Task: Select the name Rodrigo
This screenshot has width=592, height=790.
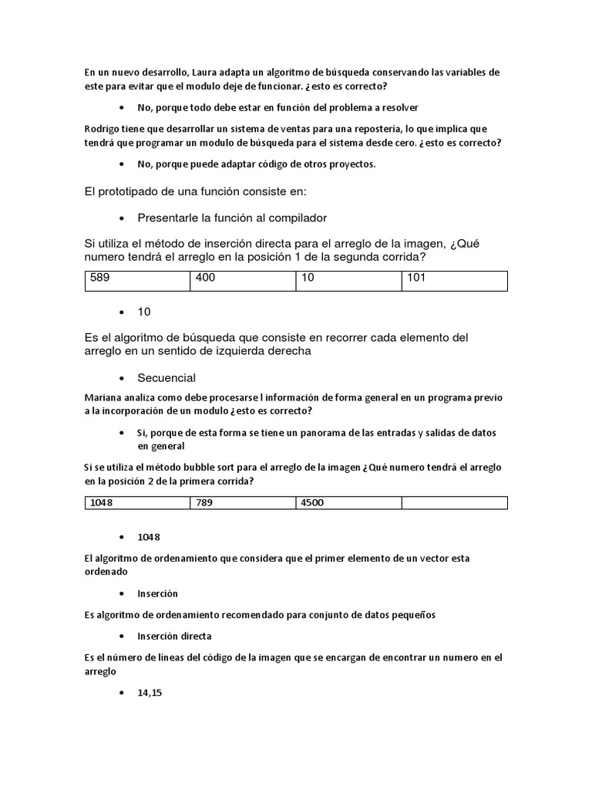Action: pyautogui.click(x=104, y=129)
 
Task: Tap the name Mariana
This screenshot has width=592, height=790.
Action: pyautogui.click(x=106, y=397)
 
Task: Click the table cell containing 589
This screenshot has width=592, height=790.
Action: pyautogui.click(x=137, y=280)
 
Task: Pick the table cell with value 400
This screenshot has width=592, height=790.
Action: pyautogui.click(x=243, y=280)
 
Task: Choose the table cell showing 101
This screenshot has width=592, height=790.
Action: pyautogui.click(x=454, y=280)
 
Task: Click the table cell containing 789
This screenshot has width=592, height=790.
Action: pyautogui.click(x=243, y=503)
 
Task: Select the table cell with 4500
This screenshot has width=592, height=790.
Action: pyautogui.click(x=348, y=503)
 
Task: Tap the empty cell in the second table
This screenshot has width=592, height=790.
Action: pyautogui.click(x=454, y=503)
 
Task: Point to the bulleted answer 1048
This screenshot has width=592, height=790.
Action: pyautogui.click(x=149, y=537)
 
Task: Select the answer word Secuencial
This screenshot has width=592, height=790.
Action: pyautogui.click(x=166, y=378)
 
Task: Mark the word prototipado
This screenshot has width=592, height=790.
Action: pyautogui.click(x=135, y=191)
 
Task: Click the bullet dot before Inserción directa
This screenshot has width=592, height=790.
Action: pyautogui.click(x=123, y=636)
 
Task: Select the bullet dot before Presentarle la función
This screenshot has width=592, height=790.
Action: pyautogui.click(x=123, y=218)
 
